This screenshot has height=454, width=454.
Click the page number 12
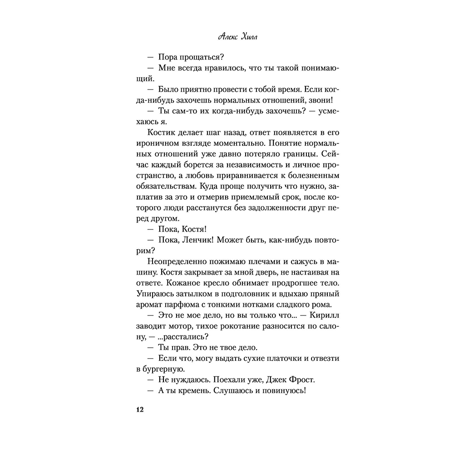point(139,410)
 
